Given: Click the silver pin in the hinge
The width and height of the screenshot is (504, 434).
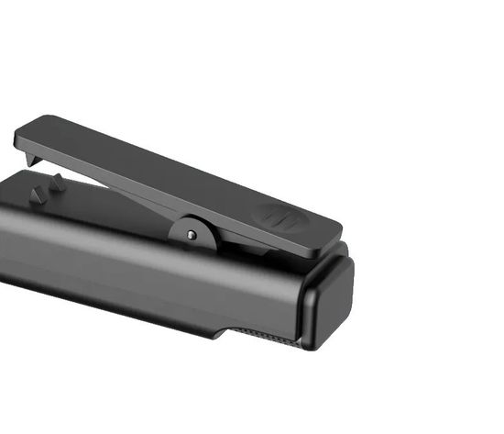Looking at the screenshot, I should point(191,234).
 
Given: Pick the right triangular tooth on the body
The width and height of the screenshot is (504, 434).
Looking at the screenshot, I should point(57,183).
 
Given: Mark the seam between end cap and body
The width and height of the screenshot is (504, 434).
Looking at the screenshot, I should point(301,303).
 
